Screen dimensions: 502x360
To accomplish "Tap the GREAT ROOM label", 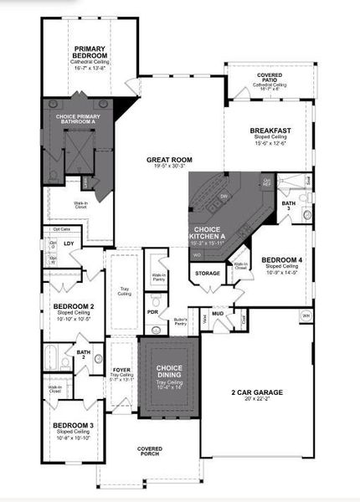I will pos(169,159).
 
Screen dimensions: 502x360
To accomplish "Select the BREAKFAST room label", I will pos(270,131).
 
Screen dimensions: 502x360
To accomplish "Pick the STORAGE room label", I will pos(208,274).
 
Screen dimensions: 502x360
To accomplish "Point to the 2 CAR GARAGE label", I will pos(257,392).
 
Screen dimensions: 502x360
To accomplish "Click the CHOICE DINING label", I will pos(170,371).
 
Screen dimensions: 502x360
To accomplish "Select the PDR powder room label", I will pos(153,312).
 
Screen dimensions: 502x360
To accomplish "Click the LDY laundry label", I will pos(69,243).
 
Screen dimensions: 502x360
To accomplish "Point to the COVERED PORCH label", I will pos(150,451).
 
